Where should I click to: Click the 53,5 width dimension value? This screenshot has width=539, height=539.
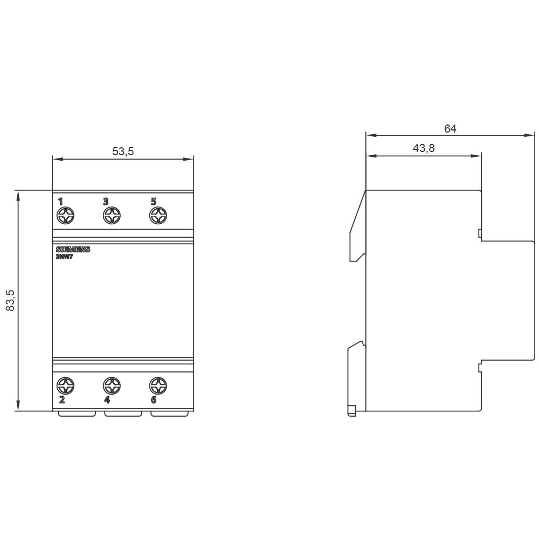tap(123, 151)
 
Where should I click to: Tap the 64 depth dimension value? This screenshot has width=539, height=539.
tap(450, 128)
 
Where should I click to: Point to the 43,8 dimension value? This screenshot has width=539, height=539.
tap(424, 148)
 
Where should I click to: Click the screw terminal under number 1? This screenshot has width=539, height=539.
tap(66, 216)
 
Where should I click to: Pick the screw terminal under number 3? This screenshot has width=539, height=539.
tap(112, 216)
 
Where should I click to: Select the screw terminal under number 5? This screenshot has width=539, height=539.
tap(158, 216)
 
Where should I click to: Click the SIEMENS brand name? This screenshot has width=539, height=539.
tap(73, 250)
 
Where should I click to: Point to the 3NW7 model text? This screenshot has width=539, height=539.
tap(65, 257)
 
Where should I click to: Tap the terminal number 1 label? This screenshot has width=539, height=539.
tap(60, 202)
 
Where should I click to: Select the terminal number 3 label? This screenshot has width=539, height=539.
tap(106, 202)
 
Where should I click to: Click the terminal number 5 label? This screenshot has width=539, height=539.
tap(154, 202)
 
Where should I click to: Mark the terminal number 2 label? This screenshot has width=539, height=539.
tap(61, 399)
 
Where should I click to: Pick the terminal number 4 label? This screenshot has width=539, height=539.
tap(107, 399)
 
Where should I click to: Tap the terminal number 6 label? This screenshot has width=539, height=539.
tap(154, 399)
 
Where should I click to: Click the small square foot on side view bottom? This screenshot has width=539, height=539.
tap(352, 411)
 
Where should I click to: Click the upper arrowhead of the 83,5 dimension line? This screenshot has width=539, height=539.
tap(18, 196)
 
